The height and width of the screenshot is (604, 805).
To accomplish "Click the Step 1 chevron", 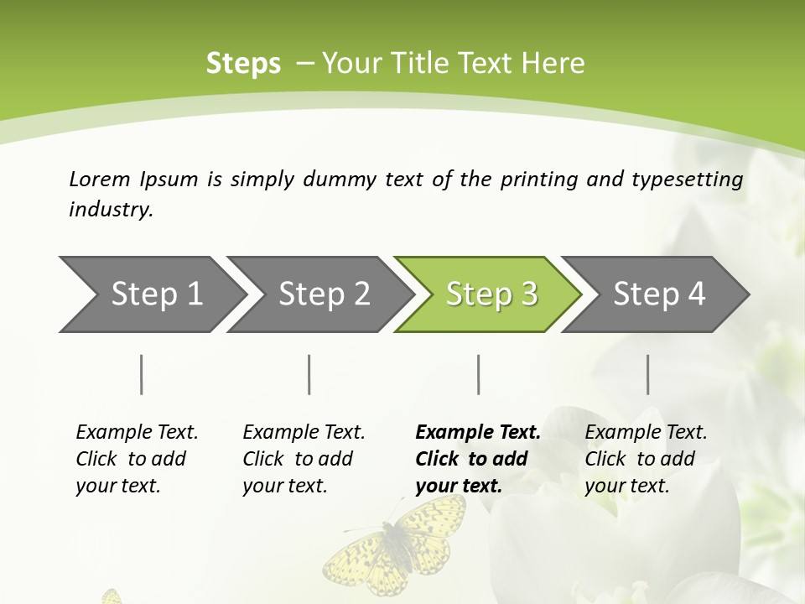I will click(x=151, y=294).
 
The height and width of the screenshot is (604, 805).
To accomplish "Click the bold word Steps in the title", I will click(x=243, y=63).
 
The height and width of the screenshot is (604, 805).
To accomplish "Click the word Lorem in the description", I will click(x=100, y=179).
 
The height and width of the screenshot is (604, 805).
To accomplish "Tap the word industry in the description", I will click(x=111, y=210).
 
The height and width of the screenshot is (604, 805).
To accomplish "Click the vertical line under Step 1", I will click(x=142, y=374).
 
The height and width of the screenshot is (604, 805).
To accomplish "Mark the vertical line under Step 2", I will click(x=309, y=374).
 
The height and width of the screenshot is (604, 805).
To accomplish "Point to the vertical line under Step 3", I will click(x=478, y=374).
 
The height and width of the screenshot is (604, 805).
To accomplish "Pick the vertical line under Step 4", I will click(x=647, y=374).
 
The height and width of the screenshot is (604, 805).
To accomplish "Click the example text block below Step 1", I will click(x=137, y=459).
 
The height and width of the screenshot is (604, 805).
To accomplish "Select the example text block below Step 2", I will click(x=304, y=459).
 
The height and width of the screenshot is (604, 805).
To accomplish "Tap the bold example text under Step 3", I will click(x=478, y=459).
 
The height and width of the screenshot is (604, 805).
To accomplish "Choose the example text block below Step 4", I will click(x=646, y=459).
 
